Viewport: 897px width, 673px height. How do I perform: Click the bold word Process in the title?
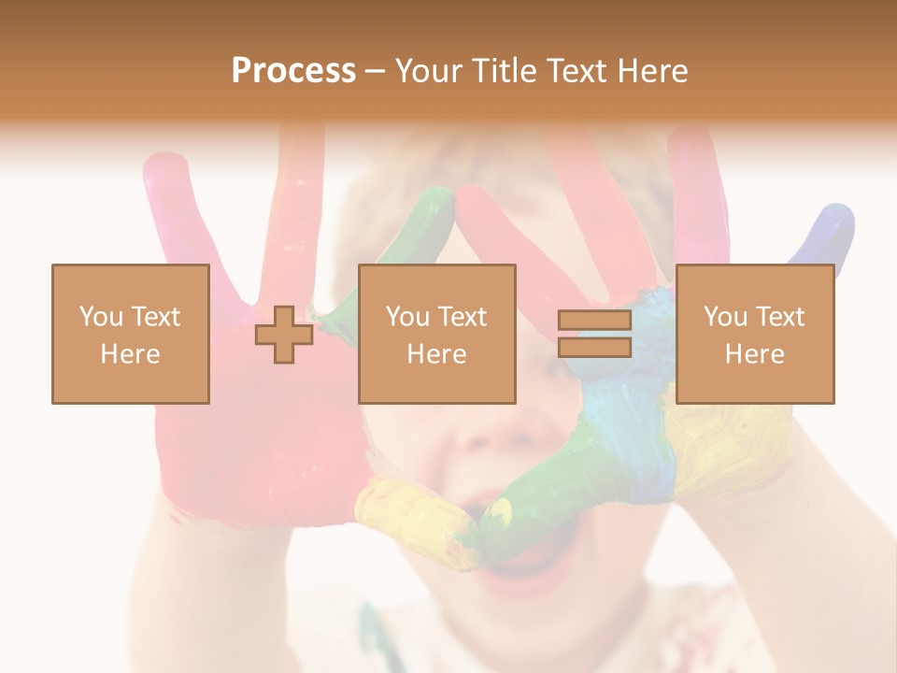click(x=293, y=70)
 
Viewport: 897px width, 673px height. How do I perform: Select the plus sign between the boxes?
click(x=284, y=335)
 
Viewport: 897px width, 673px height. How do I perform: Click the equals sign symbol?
click(x=594, y=334)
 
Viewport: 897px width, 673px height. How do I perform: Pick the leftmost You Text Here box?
click(x=130, y=334)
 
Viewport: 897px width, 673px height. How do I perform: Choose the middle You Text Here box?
click(x=436, y=334)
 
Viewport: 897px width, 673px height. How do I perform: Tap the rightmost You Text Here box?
click(x=754, y=334)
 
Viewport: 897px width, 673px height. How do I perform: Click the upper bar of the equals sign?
click(x=594, y=321)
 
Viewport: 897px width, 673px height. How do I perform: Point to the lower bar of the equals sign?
click(x=594, y=348)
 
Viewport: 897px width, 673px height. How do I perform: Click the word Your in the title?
click(x=427, y=70)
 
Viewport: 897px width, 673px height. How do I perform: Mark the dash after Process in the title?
click(x=375, y=72)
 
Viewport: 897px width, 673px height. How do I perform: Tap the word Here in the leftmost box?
click(x=130, y=353)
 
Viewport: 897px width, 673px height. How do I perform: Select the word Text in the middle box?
click(x=461, y=317)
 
